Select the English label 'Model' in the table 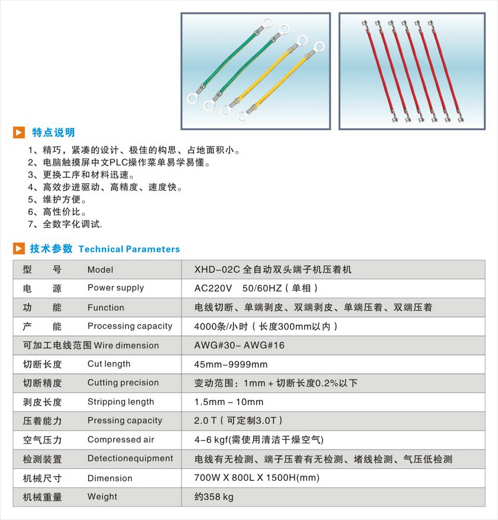pos(100,270)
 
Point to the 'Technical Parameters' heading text pos(129,249)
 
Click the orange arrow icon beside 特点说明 pos(20,132)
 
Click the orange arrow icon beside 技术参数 pos(20,248)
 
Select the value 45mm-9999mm pos(231,364)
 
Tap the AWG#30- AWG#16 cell pos(239,345)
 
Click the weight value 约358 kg pos(214,497)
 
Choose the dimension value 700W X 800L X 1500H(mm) pos(257,478)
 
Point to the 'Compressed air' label pos(120,439)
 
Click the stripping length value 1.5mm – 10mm pos(228,402)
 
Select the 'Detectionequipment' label pos(130,458)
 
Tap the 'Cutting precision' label pos(123,382)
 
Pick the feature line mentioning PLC pos(119,162)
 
